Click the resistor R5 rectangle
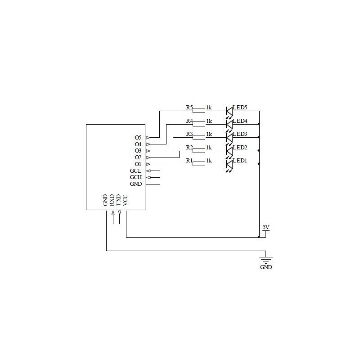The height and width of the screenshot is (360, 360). [199, 111]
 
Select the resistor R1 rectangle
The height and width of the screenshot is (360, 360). [199, 164]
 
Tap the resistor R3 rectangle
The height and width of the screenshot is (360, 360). [199, 137]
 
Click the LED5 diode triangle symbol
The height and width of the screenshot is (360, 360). [229, 111]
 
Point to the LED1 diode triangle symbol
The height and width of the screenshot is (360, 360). [229, 164]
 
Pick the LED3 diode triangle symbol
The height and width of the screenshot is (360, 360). [229, 138]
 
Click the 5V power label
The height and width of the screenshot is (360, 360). [266, 227]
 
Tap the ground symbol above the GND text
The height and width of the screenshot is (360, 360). [266, 260]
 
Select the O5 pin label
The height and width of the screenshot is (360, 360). [138, 138]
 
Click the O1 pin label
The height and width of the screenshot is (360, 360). [138, 164]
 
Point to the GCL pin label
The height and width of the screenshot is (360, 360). [135, 171]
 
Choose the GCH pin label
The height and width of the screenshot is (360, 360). [136, 177]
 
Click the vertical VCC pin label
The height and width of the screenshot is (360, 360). [125, 200]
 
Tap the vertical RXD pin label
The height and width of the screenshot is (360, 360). [112, 200]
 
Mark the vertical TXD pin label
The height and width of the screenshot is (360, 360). [118, 200]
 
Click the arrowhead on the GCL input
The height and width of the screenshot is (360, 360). [148, 171]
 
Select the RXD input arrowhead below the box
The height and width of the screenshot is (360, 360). [113, 213]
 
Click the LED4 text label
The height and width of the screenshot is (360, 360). [240, 121]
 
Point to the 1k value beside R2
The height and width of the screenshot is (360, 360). [209, 148]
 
